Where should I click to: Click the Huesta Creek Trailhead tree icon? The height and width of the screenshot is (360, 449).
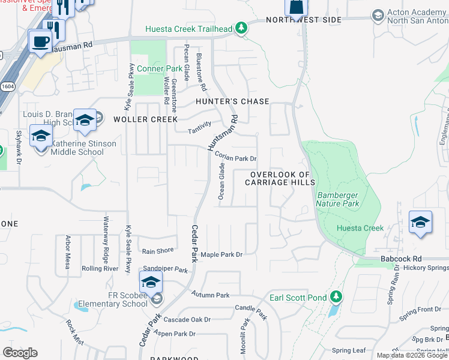point(241,28)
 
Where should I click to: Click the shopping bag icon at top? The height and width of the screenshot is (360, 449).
point(296,7)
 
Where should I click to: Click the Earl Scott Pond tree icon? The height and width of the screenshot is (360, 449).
point(336,296)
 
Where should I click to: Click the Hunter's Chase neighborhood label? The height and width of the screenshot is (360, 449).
point(233,101)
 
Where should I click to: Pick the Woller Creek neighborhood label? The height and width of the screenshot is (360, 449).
point(145,119)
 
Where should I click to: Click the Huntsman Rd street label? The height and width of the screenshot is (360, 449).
point(222,133)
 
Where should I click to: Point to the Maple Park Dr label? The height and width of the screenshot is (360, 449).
point(221,255)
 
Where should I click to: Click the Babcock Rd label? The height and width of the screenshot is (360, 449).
point(401,259)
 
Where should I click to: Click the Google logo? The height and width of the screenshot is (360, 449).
point(20,353)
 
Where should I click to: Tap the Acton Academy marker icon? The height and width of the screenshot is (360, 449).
point(378,14)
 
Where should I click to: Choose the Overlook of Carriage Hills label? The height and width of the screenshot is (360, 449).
point(279,178)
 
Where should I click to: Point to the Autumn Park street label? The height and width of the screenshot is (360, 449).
point(211,295)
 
